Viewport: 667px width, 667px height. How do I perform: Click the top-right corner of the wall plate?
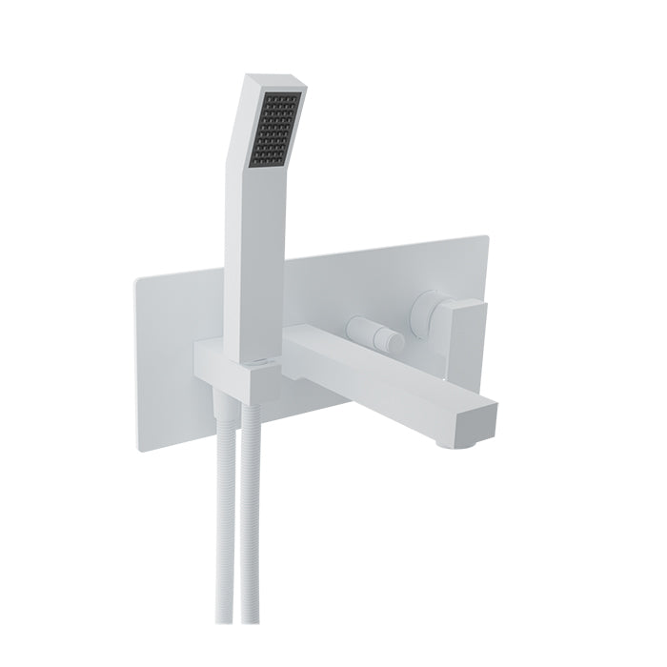coord(488,237)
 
